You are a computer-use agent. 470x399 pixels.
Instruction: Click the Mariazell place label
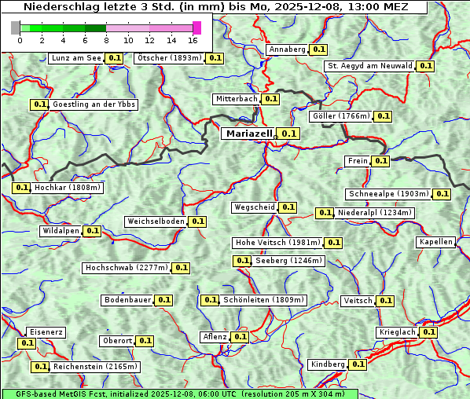(x=248, y=134)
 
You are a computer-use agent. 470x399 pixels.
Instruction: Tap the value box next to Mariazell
(x=290, y=134)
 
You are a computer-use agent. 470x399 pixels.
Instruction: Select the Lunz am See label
(x=76, y=58)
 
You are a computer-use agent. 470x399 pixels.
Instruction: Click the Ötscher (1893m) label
(x=169, y=58)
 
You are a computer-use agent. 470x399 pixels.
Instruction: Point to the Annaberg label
(x=287, y=49)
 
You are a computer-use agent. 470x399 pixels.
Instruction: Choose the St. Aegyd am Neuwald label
(x=369, y=66)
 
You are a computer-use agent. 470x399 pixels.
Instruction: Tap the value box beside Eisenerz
(x=28, y=343)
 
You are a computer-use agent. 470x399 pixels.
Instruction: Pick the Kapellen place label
(x=436, y=242)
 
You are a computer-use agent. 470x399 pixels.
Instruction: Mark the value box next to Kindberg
(x=358, y=364)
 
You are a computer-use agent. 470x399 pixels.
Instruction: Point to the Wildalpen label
(x=61, y=231)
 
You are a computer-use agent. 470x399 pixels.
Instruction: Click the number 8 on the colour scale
(x=106, y=40)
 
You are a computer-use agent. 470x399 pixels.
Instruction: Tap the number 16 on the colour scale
(x=193, y=40)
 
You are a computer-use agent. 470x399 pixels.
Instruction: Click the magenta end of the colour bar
(x=196, y=27)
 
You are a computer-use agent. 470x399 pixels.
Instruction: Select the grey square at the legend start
(x=16, y=27)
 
